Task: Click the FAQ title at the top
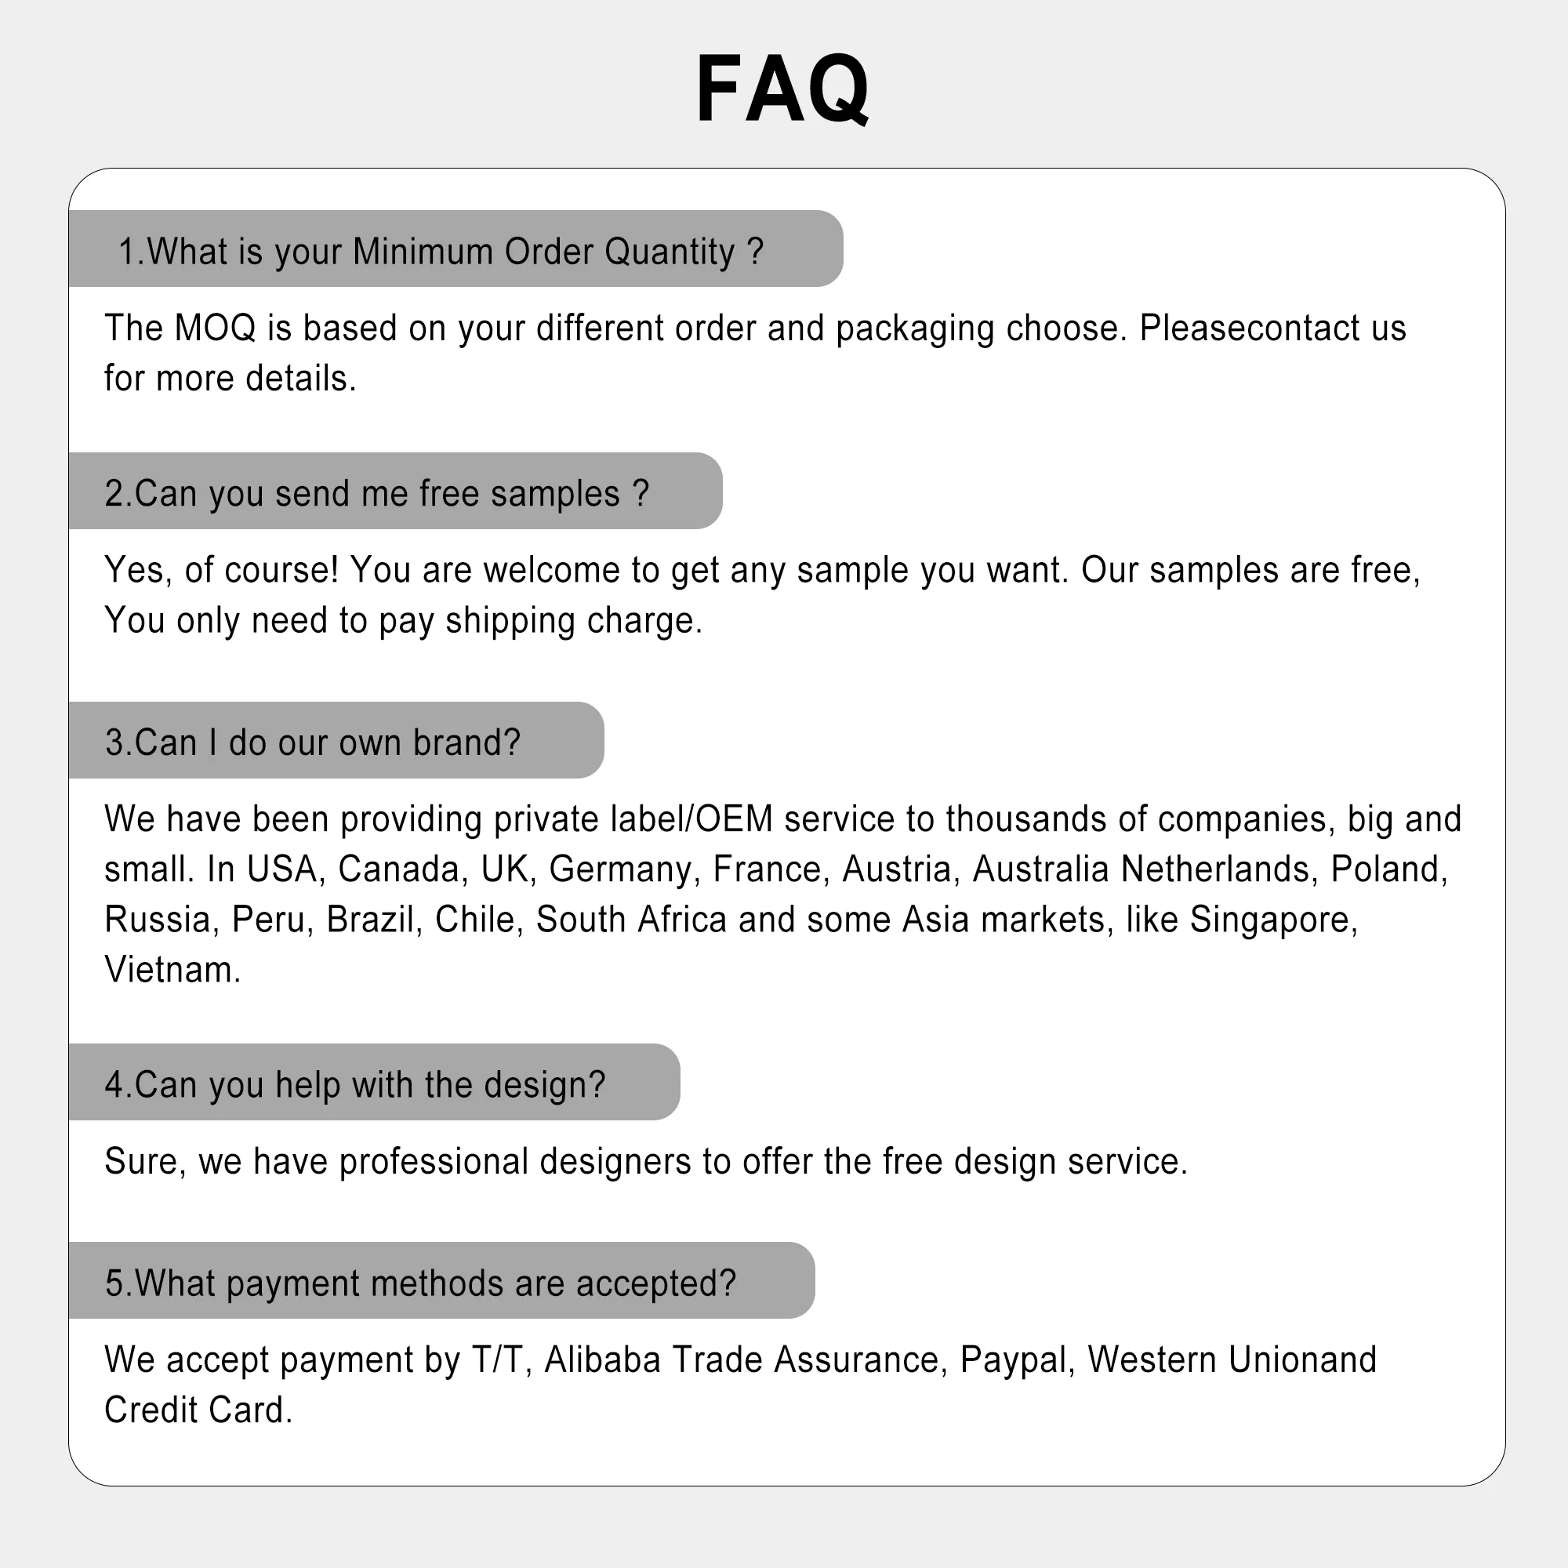coord(782,88)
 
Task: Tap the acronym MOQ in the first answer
coord(214,328)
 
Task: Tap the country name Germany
coord(621,869)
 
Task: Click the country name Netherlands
coord(1214,869)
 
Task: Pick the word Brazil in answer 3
coord(370,920)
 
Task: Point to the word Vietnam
coord(170,970)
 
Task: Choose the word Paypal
coord(1013,1359)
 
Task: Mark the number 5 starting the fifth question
coord(114,1283)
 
